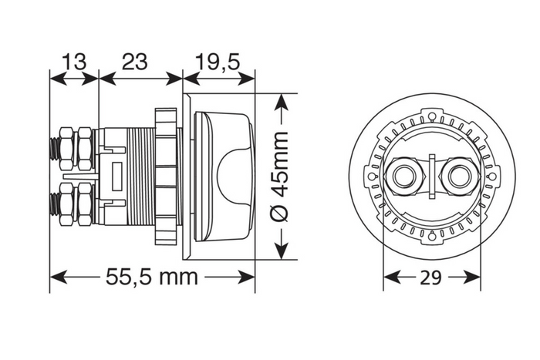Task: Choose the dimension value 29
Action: click(x=432, y=278)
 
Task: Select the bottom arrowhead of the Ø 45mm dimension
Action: click(x=283, y=257)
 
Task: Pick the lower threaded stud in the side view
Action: click(x=55, y=206)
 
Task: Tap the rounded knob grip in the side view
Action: click(x=235, y=176)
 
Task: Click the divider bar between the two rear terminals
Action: click(x=433, y=177)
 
